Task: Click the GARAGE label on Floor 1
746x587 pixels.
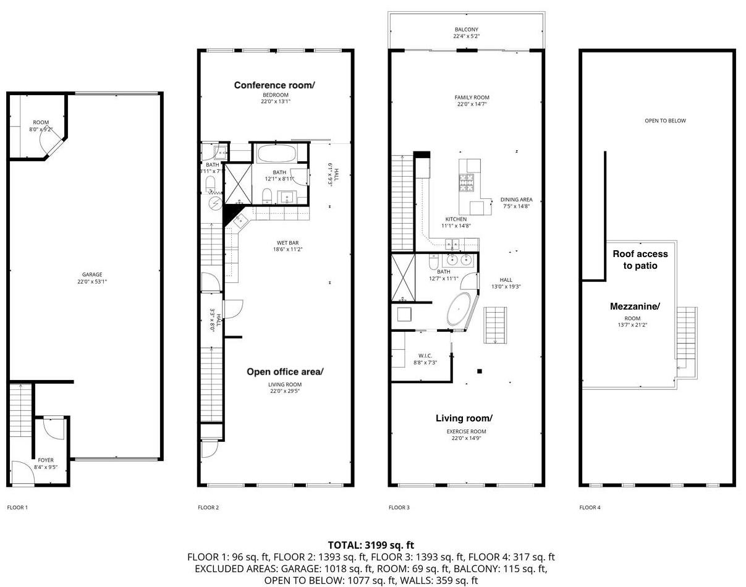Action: coord(92,274)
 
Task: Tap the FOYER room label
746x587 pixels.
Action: coord(46,460)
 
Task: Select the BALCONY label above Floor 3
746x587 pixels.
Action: coord(466,30)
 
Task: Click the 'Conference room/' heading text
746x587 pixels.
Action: coord(274,85)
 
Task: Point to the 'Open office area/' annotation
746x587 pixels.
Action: coord(285,372)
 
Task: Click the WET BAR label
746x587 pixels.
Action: coord(288,243)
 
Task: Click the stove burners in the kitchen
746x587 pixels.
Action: coord(466,183)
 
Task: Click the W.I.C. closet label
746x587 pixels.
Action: coord(425,356)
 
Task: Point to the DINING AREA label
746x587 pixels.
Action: coord(516,200)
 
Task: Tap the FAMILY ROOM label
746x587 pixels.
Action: coord(472,98)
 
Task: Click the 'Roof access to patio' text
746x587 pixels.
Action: coord(640,260)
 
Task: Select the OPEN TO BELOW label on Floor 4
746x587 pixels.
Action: coord(665,120)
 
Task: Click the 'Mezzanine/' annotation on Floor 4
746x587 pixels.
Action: coord(635,306)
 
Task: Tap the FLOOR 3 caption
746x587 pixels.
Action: coord(399,507)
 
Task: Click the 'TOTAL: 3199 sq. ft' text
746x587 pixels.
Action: coord(371,545)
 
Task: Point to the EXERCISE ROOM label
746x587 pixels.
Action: coord(466,431)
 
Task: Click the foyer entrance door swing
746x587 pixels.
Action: coord(23,471)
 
